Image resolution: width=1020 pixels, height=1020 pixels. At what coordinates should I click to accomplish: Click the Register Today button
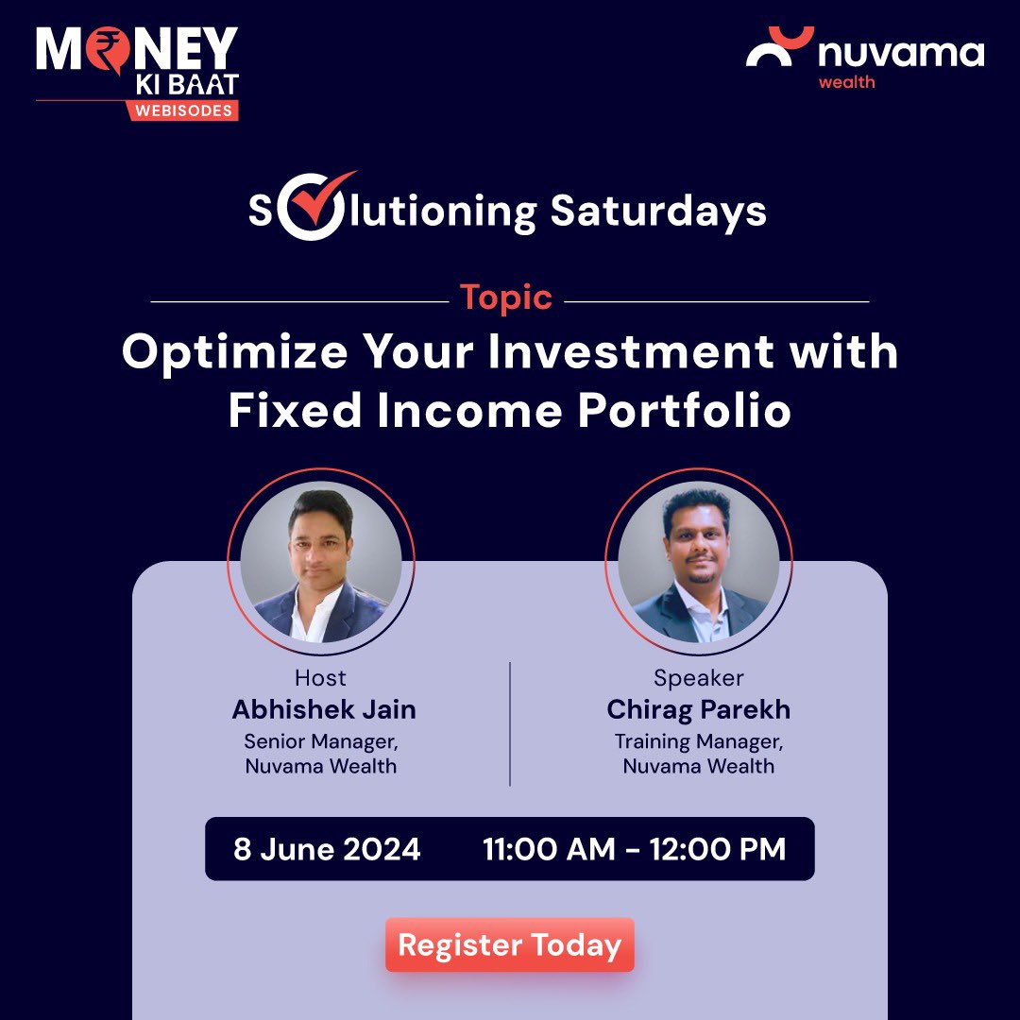point(509,944)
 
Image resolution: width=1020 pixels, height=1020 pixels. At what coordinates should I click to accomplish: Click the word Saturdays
point(658,212)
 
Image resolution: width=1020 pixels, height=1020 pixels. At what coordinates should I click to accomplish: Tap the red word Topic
point(505,297)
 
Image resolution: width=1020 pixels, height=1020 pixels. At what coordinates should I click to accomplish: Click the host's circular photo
point(321,563)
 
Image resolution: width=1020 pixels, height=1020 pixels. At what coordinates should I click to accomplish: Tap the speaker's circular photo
point(699,563)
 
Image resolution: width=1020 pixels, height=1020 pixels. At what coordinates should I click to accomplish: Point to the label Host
point(321,678)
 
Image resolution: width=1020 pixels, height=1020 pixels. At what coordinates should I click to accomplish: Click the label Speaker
point(699,678)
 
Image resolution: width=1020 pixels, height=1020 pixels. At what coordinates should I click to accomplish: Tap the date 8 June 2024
point(327,849)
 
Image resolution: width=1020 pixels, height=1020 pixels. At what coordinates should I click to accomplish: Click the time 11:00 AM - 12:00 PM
point(634,849)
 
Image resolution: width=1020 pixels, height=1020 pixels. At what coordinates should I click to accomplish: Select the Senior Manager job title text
point(321,741)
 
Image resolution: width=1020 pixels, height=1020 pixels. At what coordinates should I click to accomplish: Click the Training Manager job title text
point(699,741)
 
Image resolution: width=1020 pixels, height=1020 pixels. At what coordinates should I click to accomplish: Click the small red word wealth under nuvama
point(846,82)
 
